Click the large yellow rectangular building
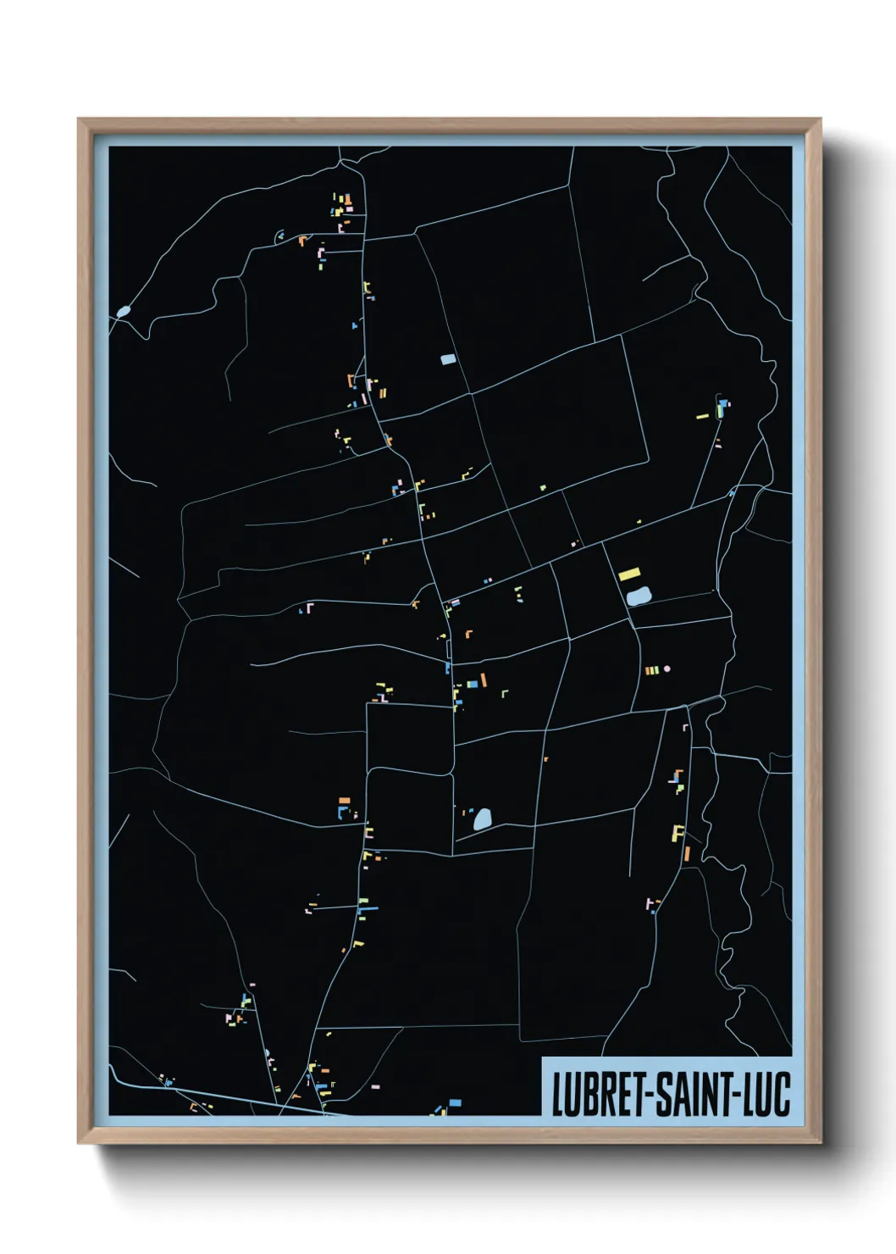click(629, 574)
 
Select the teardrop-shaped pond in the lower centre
click(482, 818)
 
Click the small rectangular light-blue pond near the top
click(448, 359)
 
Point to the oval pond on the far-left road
click(124, 312)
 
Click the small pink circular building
click(666, 669)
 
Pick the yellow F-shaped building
click(678, 833)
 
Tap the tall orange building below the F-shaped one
click(687, 853)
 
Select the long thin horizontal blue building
click(368, 909)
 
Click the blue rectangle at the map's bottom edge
click(455, 1102)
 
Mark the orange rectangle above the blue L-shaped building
click(344, 800)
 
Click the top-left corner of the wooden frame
click(79, 119)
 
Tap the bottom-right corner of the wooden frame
click(820, 1142)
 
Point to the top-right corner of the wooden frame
click(820, 119)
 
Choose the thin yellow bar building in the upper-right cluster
click(702, 416)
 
